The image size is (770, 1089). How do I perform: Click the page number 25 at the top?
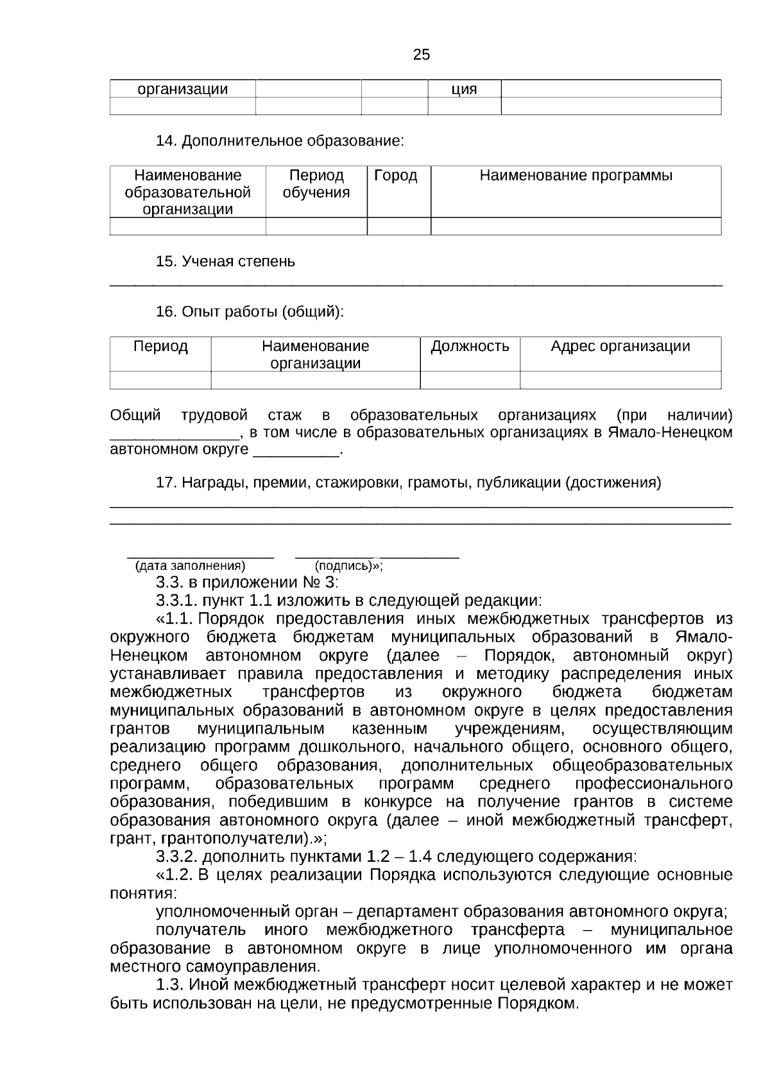(x=422, y=55)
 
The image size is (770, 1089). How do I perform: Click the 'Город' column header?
(x=395, y=176)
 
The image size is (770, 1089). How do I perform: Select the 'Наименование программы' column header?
(x=576, y=176)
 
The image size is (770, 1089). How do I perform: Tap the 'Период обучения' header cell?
(x=316, y=184)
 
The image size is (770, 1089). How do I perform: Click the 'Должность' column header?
(x=470, y=347)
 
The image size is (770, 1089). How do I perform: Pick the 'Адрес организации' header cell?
(x=620, y=347)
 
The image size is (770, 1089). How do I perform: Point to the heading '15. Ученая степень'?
(x=225, y=262)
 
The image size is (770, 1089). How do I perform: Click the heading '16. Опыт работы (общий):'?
(x=250, y=312)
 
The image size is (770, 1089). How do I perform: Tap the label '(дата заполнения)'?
(x=190, y=566)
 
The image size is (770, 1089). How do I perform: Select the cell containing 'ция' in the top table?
(x=464, y=89)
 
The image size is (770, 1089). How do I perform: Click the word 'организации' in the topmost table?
(x=183, y=89)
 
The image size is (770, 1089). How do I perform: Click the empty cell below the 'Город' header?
(x=398, y=227)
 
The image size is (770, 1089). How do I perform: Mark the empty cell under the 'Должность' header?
(x=470, y=381)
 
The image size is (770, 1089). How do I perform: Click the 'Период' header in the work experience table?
(x=160, y=347)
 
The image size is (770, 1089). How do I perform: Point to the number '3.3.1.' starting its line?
(x=177, y=601)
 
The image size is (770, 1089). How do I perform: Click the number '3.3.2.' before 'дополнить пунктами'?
(x=177, y=857)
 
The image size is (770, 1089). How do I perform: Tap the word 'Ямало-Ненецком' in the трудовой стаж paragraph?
(x=670, y=433)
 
